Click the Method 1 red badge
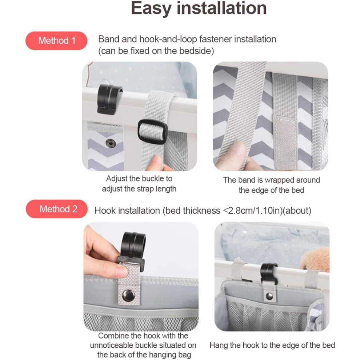click(x=56, y=41)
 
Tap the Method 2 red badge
click(x=57, y=209)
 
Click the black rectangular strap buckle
click(x=152, y=132)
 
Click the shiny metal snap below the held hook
click(x=128, y=296)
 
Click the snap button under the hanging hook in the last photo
click(x=269, y=296)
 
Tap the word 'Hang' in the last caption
click(x=219, y=345)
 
